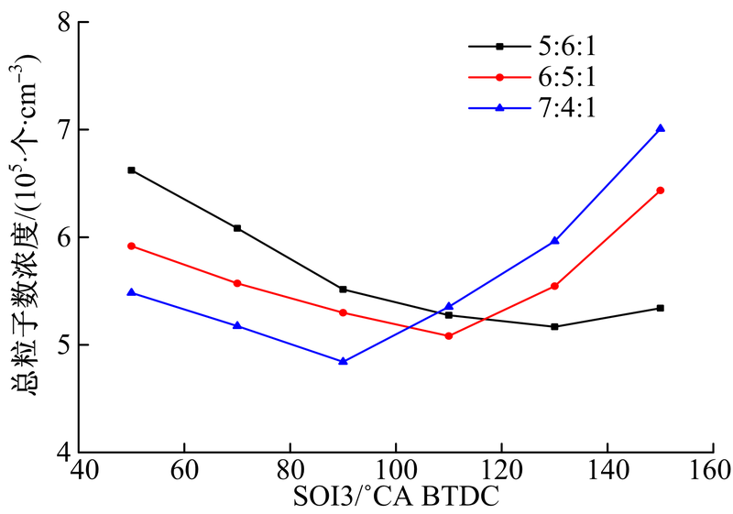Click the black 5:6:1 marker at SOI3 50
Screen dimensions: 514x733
[132, 170]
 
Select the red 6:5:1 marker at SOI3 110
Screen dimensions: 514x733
[449, 336]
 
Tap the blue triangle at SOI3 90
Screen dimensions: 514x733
[343, 362]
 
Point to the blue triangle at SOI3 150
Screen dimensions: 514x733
[660, 129]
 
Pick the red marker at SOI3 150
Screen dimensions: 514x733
[660, 191]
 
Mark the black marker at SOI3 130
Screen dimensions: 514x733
[554, 326]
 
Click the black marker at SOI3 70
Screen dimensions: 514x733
[237, 228]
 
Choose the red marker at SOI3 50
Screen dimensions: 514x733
[132, 246]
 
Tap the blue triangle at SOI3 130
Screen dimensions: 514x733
[554, 241]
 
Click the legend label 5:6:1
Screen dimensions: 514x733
[568, 45]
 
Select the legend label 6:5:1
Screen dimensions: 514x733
[568, 76]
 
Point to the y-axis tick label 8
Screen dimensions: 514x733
[64, 22]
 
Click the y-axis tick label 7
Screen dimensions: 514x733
[64, 129]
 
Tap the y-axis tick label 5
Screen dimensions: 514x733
[64, 344]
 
